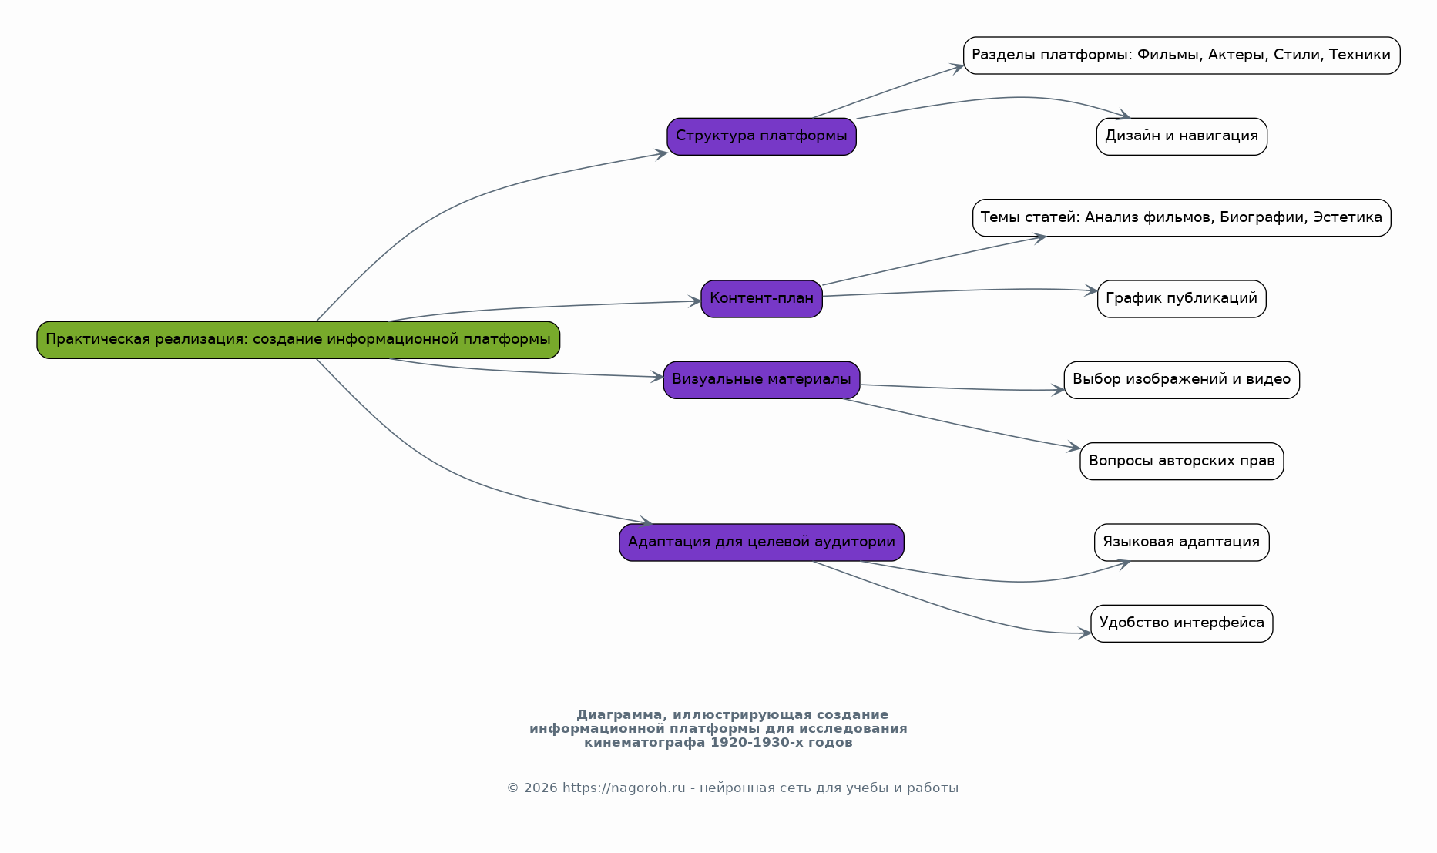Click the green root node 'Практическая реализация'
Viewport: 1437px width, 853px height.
298,340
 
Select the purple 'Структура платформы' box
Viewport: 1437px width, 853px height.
761,136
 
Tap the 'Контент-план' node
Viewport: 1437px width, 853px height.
761,299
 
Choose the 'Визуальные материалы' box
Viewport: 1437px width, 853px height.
761,380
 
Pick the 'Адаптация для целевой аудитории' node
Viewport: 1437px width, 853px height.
761,542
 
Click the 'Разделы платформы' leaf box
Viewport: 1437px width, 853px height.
1181,55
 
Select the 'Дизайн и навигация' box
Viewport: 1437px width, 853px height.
1181,136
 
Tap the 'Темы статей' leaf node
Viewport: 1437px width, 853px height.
1181,218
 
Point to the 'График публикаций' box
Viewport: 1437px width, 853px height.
1181,299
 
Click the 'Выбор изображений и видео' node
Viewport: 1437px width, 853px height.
1181,380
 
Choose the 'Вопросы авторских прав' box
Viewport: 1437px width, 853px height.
1181,462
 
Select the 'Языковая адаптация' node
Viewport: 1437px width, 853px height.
1181,542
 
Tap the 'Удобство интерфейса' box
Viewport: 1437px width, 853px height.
1181,623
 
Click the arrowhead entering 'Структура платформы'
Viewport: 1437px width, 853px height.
661,153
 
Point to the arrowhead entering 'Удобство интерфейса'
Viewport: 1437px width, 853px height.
1085,633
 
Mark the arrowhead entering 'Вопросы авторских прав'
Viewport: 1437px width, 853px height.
1074,447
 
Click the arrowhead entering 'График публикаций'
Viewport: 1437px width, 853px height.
1091,290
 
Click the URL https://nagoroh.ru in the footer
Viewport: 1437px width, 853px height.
623,788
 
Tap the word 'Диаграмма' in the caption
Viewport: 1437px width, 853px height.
619,715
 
